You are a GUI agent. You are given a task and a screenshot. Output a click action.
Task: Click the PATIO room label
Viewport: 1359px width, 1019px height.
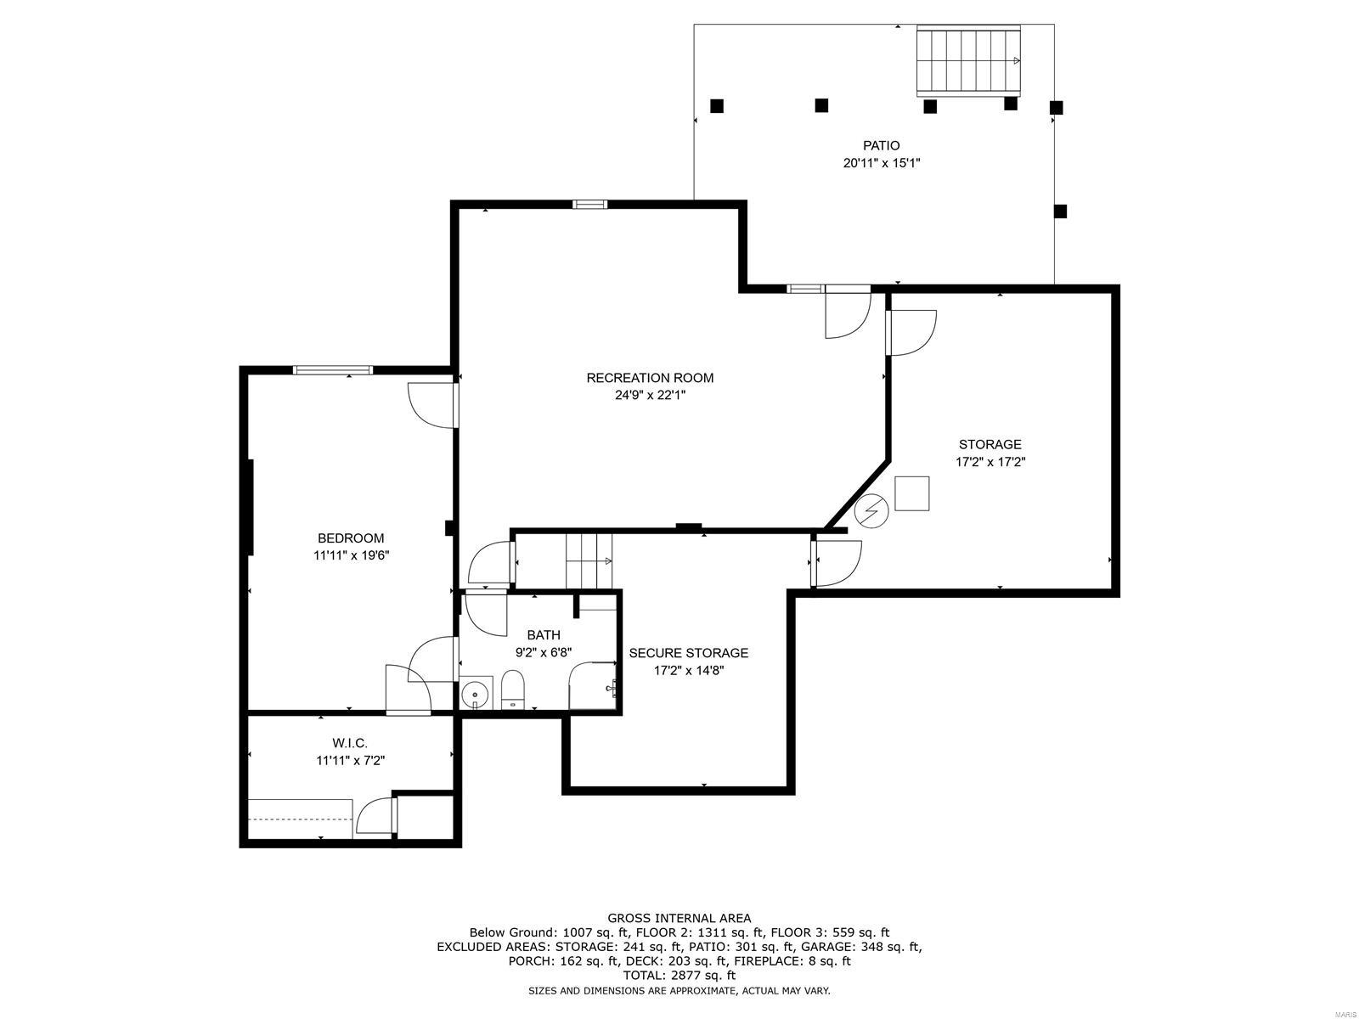point(881,146)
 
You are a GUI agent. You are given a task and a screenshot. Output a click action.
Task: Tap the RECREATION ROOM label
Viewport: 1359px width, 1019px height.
point(650,378)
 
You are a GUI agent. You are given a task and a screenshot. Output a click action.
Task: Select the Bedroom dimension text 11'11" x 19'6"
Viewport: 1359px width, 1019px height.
point(351,555)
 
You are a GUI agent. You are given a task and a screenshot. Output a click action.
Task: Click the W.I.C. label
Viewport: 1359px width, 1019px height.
point(350,743)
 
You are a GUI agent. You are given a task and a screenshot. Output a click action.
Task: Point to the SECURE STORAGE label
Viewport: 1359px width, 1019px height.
point(688,653)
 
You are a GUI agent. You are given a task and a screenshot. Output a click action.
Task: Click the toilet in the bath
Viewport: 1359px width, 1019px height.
point(513,689)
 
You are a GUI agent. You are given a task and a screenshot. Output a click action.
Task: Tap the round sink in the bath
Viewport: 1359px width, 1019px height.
point(475,695)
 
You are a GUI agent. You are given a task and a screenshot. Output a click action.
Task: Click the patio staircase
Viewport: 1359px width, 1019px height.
point(968,60)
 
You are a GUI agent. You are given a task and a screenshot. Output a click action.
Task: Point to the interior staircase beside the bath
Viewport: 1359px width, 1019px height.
point(589,560)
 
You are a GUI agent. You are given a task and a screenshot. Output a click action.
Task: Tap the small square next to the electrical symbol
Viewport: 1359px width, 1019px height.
point(911,493)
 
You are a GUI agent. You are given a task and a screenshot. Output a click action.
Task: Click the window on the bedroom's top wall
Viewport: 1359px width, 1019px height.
point(333,369)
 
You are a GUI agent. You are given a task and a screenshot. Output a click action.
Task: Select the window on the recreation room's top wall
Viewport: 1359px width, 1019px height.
point(589,204)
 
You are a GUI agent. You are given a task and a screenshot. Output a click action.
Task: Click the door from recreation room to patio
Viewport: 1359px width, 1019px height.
point(848,312)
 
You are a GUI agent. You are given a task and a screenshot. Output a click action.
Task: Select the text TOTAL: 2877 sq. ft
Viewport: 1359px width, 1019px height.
point(679,976)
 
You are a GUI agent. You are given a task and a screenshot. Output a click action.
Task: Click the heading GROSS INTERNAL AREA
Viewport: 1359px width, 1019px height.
point(679,918)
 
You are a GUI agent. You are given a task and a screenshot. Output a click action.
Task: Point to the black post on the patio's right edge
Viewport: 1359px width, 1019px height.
point(1060,211)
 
